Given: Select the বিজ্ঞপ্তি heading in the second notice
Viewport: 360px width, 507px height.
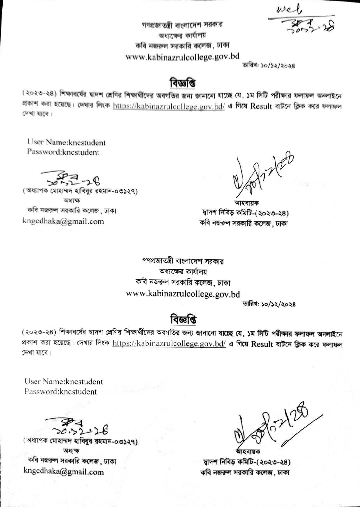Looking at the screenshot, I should pos(183,319).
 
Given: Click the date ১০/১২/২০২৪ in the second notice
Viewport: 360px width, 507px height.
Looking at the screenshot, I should pos(269,304).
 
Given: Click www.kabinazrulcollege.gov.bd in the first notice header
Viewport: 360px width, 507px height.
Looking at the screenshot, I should pos(182,57).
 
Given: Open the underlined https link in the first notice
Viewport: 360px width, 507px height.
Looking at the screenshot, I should pos(169,106).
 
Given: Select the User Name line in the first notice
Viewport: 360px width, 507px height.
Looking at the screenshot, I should pos(66,142).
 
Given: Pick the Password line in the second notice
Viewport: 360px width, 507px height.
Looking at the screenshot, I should pos(61,391).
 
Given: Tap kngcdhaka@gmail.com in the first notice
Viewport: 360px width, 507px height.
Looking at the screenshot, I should pos(63,221).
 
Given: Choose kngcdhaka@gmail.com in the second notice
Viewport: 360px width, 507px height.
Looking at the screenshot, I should pos(64,472).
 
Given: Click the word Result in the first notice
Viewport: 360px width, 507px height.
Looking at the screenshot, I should pos(261,106).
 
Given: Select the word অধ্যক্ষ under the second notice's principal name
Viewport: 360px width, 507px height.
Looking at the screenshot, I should pos(72,450).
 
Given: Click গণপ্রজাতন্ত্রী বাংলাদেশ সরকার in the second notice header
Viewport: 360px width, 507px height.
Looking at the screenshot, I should pos(183,261).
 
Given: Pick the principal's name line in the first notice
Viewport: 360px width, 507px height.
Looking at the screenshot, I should pos(80,191).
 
